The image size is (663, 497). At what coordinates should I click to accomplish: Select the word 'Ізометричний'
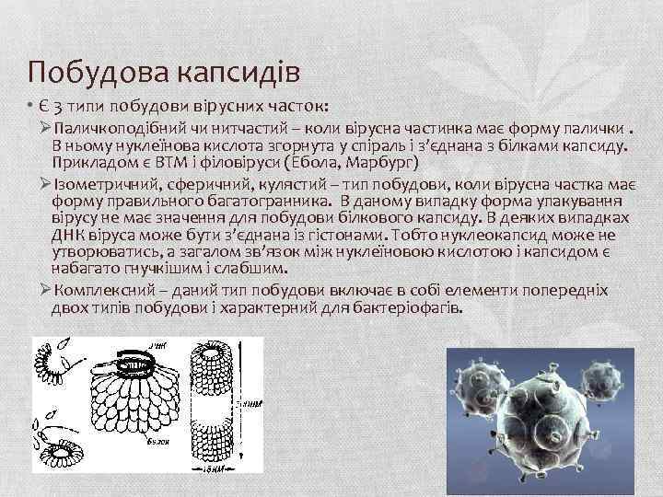click(99, 182)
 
